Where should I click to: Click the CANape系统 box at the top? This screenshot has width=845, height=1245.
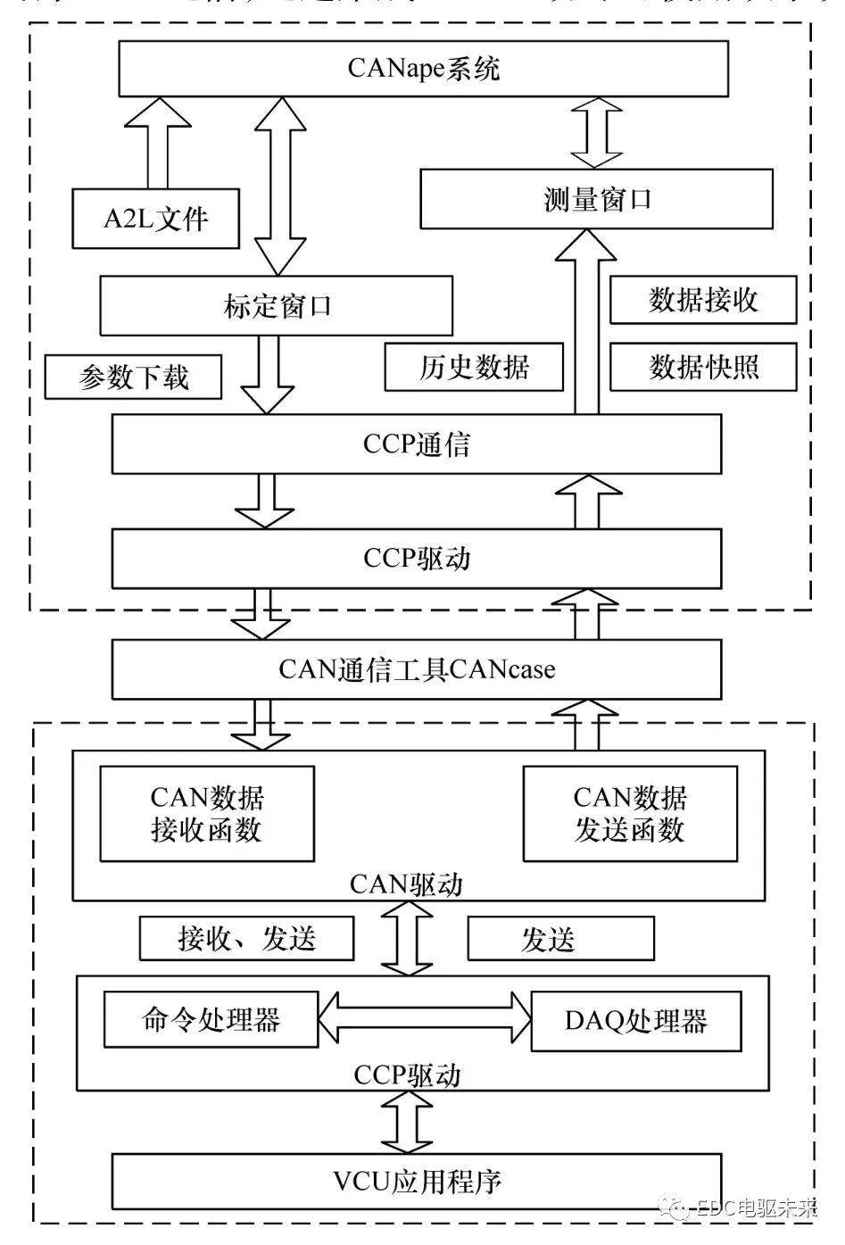pyautogui.click(x=424, y=69)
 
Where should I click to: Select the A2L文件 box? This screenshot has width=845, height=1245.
pyautogui.click(x=155, y=219)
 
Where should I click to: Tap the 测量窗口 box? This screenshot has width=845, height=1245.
pyautogui.click(x=596, y=199)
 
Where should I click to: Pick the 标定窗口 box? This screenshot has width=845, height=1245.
pyautogui.click(x=276, y=306)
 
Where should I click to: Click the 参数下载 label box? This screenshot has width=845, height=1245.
pyautogui.click(x=133, y=378)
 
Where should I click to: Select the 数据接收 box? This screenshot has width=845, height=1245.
pyautogui.click(x=703, y=300)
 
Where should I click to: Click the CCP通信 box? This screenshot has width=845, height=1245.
pyautogui.click(x=416, y=444)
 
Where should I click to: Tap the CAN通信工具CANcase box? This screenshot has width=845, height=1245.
pyautogui.click(x=416, y=668)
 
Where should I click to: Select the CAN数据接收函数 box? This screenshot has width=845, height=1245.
pyautogui.click(x=206, y=813)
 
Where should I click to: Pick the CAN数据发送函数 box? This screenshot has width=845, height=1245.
pyautogui.click(x=630, y=813)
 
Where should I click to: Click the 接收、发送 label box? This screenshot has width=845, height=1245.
pyautogui.click(x=246, y=939)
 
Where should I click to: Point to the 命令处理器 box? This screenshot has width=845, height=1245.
pyautogui.click(x=211, y=1019)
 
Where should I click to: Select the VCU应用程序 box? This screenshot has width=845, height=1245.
pyautogui.click(x=416, y=1182)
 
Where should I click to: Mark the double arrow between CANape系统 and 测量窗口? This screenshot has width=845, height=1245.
pyautogui.click(x=596, y=132)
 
